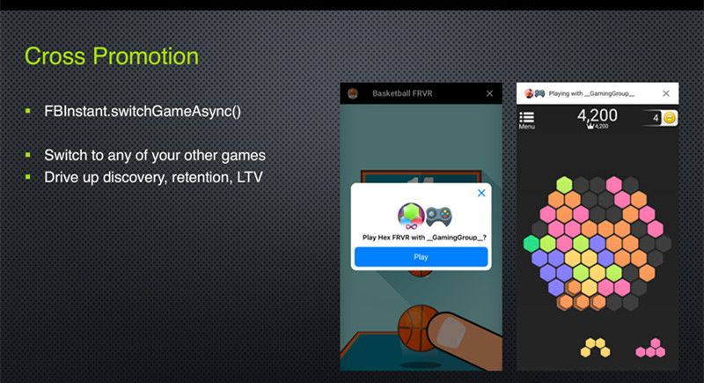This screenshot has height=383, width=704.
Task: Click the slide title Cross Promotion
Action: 112,56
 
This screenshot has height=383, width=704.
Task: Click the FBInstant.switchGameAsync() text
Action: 143,111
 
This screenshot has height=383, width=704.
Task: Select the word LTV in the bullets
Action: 249,177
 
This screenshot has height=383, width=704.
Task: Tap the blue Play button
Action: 421,257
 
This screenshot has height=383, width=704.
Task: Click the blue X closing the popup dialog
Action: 481,193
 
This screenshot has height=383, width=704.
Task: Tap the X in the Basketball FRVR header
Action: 489,93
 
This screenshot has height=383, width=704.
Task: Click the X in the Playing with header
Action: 666,93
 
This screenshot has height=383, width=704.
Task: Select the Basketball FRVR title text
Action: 402,93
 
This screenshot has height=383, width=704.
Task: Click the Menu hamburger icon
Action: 526,117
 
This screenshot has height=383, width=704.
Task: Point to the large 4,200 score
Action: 598,115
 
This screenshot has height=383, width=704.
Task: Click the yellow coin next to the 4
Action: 670,118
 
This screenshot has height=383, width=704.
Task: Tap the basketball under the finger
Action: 415,328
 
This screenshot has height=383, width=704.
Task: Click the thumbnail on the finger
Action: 450,332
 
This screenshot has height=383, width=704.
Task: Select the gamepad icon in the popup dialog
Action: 438,217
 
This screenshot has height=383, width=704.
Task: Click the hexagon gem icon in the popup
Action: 411,215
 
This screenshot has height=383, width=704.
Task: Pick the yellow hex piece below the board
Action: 596,348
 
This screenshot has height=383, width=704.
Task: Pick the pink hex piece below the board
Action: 651,348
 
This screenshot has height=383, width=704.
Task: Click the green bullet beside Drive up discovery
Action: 28,177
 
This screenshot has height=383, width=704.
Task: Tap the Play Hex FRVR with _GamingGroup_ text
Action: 424,237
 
